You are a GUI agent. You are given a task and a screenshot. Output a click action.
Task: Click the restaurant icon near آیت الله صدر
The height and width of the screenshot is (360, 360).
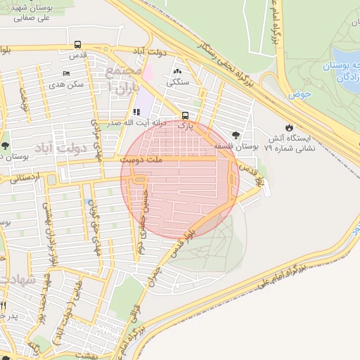pyautogui.click(x=136, y=112)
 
